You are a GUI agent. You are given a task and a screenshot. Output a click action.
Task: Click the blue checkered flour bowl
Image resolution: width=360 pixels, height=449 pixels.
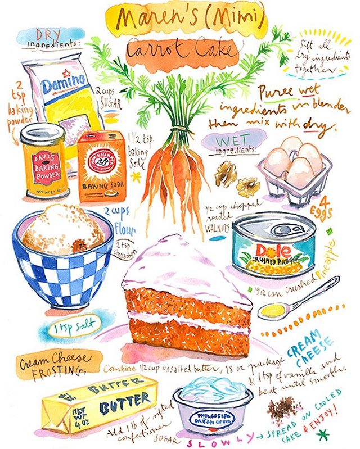tap(62, 258)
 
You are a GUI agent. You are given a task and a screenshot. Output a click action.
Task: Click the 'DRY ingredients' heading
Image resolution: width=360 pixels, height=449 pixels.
tap(51, 38)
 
